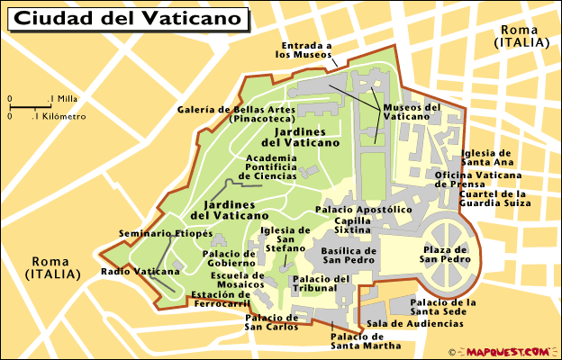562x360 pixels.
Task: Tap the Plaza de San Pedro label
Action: [444, 254]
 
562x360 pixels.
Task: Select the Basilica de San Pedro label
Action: [349, 256]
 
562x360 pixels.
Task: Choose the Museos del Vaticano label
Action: [412, 112]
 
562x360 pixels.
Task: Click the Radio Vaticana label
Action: [134, 271]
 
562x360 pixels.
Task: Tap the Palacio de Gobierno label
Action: [234, 259]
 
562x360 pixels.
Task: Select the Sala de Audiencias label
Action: [415, 323]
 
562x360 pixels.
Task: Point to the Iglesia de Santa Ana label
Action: [486, 157]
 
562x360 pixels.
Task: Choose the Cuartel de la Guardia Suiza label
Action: [493, 199]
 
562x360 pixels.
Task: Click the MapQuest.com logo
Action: [507, 351]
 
